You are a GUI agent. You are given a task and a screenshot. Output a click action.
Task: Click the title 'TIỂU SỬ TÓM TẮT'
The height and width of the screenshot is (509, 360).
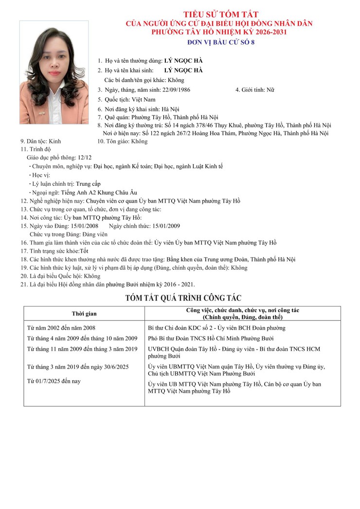221,14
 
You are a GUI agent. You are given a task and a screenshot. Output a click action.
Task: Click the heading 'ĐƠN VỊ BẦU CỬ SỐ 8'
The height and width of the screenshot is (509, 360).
221,42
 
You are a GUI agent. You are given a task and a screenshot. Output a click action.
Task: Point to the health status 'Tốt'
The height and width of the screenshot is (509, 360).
84,251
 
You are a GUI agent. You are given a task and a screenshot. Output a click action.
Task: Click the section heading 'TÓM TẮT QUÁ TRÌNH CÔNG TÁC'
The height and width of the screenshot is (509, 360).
183,298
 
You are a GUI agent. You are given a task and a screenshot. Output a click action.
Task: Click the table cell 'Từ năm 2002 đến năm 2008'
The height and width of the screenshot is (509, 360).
61,328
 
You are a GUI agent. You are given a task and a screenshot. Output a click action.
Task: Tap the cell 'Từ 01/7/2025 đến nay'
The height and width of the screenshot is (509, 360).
54,381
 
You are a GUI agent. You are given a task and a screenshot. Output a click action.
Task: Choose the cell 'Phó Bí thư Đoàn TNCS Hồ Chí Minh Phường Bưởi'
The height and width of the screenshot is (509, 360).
211,338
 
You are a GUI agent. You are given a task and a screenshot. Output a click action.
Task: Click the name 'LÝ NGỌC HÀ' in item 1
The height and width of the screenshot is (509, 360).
183,61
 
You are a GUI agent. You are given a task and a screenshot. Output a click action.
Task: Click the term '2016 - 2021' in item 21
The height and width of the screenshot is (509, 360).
179,284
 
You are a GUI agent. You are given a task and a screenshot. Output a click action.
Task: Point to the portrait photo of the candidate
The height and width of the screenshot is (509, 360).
54,72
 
